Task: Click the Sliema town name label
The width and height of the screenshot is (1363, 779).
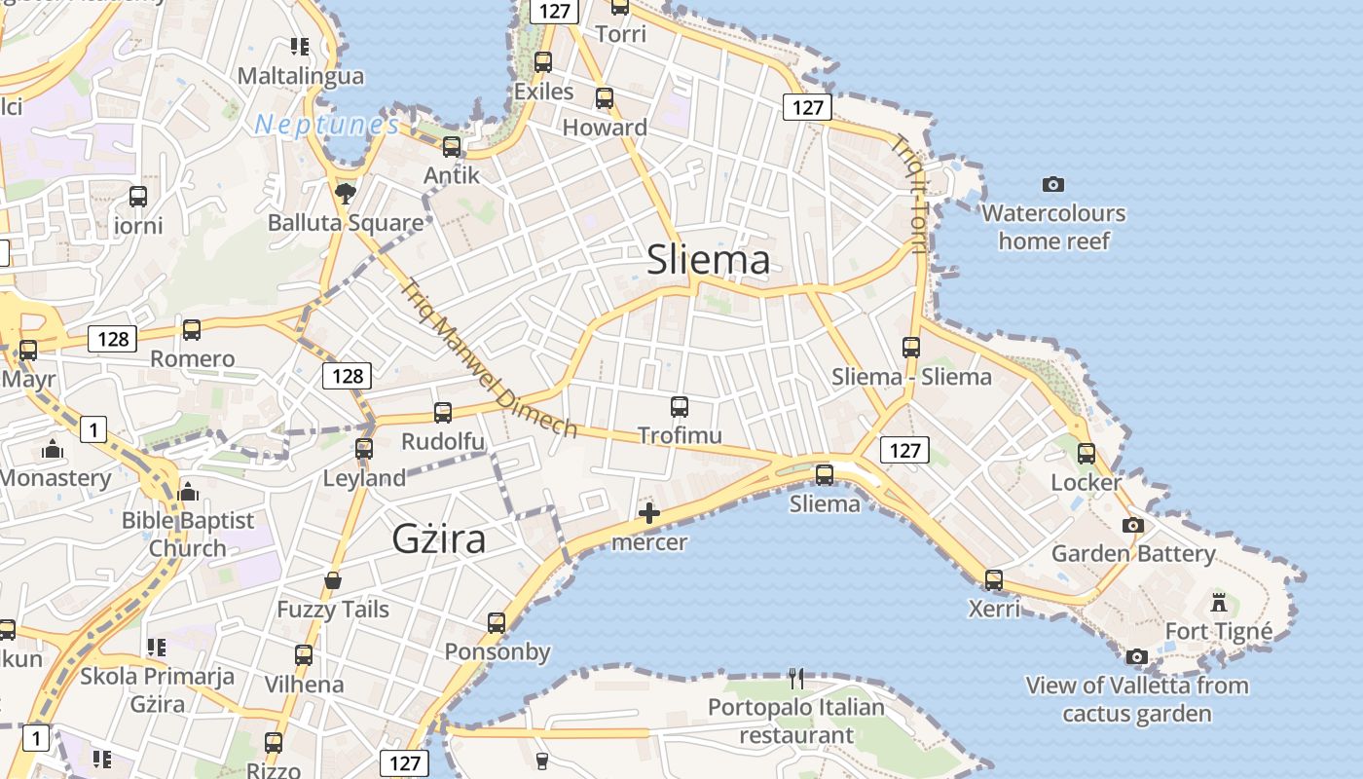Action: click(x=708, y=259)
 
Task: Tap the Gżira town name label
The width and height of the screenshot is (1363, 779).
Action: click(x=438, y=538)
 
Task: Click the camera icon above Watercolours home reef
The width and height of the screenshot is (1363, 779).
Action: click(x=1052, y=184)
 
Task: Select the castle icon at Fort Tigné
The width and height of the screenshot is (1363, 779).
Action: click(x=1218, y=601)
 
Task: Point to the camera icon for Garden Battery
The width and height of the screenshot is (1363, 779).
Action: click(x=1132, y=526)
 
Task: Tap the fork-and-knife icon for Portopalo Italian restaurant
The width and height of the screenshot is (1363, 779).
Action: click(x=796, y=678)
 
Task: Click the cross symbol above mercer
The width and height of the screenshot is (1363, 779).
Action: click(x=649, y=513)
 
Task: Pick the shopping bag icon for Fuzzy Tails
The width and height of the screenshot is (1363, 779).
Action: click(x=333, y=580)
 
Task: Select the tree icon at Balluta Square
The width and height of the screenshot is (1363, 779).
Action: click(x=345, y=193)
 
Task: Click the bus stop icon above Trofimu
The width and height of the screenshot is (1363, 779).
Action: click(x=680, y=407)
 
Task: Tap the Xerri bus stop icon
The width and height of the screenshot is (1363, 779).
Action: click(x=993, y=579)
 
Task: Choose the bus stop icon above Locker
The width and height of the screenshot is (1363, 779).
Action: click(x=1086, y=453)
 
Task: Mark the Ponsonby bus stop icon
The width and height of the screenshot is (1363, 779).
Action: click(x=497, y=622)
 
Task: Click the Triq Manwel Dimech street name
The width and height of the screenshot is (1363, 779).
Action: click(x=489, y=358)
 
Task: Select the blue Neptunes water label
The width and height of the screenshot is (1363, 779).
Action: click(x=327, y=126)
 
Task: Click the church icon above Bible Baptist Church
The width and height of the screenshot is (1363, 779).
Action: click(x=188, y=492)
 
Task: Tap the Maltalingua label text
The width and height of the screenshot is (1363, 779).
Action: click(x=301, y=76)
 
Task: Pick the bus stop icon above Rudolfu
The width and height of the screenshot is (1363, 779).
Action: click(x=443, y=412)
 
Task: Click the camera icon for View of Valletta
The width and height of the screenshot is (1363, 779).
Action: click(x=1136, y=657)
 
